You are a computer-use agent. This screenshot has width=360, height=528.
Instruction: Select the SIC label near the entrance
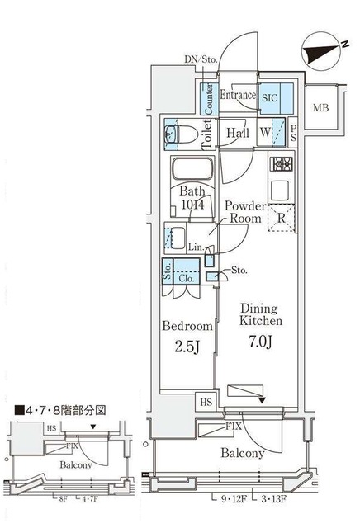click(x=270, y=97)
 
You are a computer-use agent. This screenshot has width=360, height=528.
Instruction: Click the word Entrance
click(x=238, y=96)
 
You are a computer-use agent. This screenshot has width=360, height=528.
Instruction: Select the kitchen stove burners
click(x=280, y=163)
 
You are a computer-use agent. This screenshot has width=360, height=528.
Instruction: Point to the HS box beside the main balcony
click(x=205, y=402)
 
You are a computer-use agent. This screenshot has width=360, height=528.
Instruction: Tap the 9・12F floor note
click(x=234, y=499)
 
